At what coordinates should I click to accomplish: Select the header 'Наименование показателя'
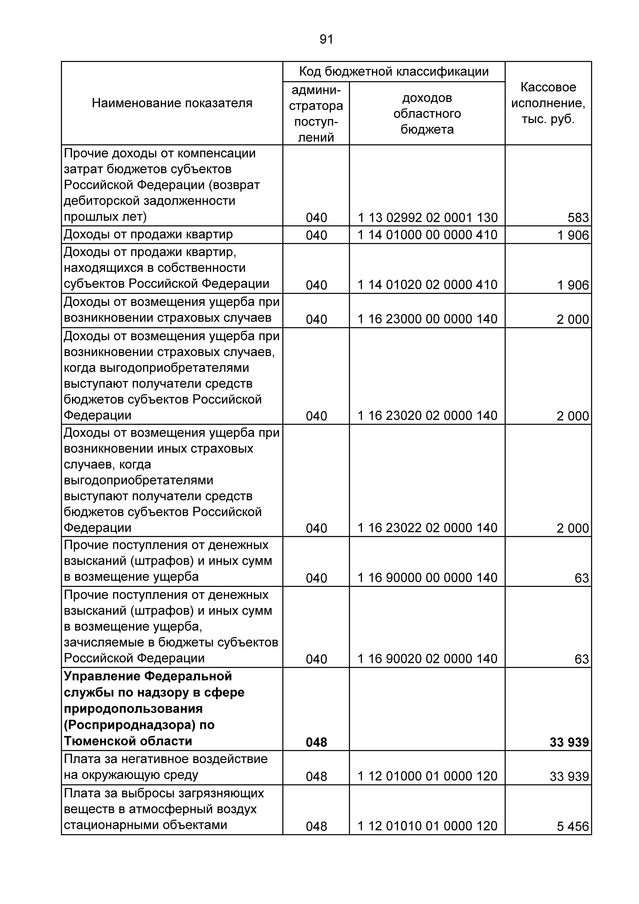[x=172, y=103]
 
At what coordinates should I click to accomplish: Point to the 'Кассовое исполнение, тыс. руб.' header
[x=548, y=103]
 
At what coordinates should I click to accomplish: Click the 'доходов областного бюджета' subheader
[x=427, y=113]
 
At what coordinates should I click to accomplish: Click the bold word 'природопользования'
[x=133, y=709]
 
